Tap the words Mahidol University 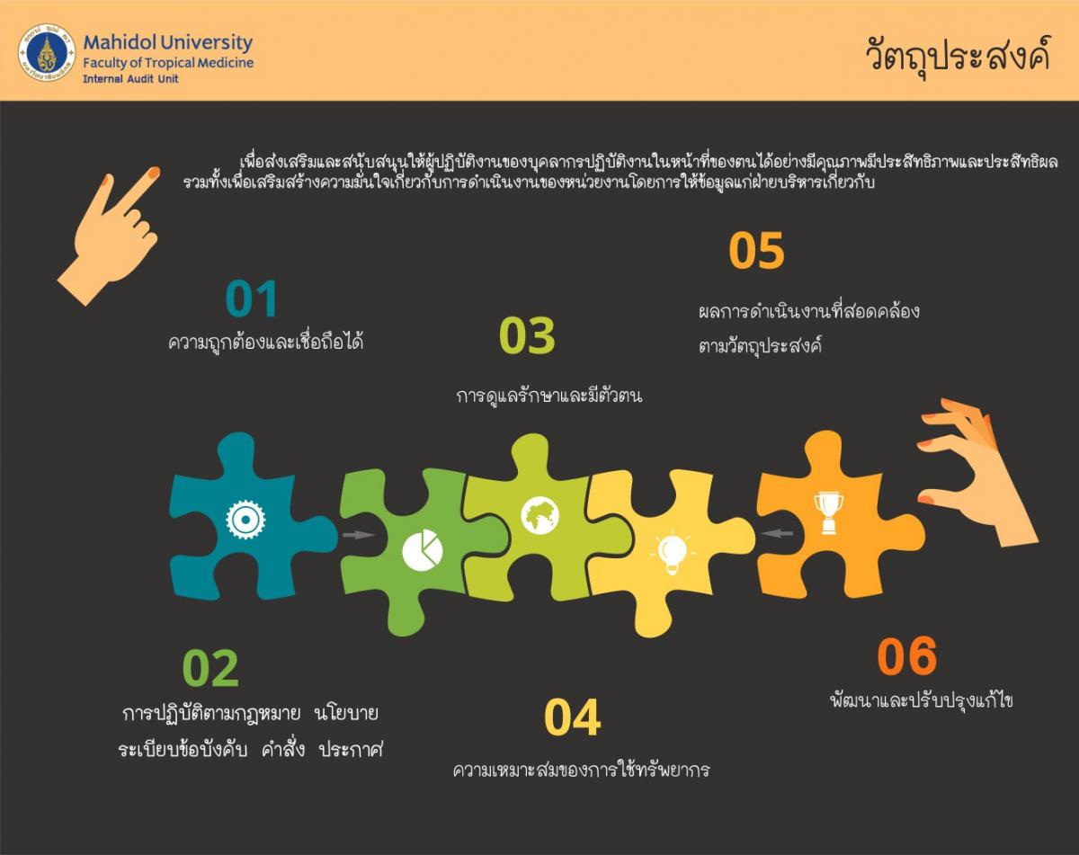click(x=167, y=42)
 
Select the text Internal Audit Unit click(x=130, y=79)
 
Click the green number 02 click(x=210, y=668)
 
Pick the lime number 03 click(x=527, y=335)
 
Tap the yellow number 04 click(x=572, y=717)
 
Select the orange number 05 click(x=756, y=250)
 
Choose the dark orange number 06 click(x=906, y=655)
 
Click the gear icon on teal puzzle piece click(x=245, y=519)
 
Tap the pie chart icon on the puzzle click(x=423, y=550)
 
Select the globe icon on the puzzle click(x=540, y=515)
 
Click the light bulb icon click(x=673, y=554)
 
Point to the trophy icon click(x=828, y=513)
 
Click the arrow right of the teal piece click(x=358, y=535)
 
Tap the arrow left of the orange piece click(x=777, y=533)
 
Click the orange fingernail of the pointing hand click(x=154, y=173)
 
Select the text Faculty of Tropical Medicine click(x=168, y=63)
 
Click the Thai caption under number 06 click(x=922, y=700)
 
